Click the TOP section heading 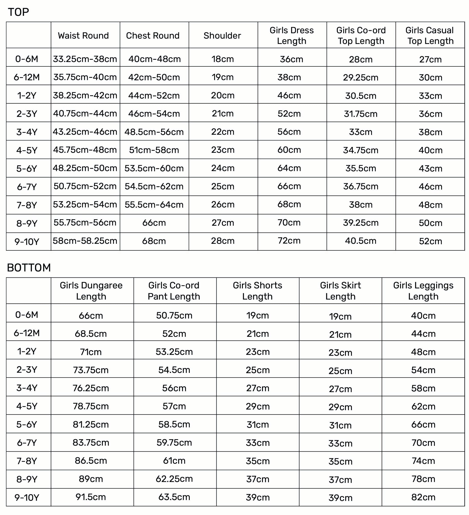pyautogui.click(x=18, y=12)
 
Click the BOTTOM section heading pyautogui.click(x=29, y=267)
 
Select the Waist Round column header pyautogui.click(x=83, y=35)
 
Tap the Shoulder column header pyautogui.click(x=222, y=35)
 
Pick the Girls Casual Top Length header pyautogui.click(x=430, y=35)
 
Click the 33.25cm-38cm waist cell pyautogui.click(x=85, y=59)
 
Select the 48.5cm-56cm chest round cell pyautogui.click(x=154, y=132)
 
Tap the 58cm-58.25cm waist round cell pyautogui.click(x=85, y=241)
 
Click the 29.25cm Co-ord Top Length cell pyautogui.click(x=360, y=77)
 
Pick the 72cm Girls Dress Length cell pyautogui.click(x=289, y=241)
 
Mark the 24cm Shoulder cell pyautogui.click(x=223, y=168)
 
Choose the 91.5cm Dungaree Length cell pyautogui.click(x=91, y=497)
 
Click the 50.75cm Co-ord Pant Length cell pyautogui.click(x=174, y=315)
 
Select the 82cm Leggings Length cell pyautogui.click(x=423, y=497)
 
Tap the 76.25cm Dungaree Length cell pyautogui.click(x=91, y=388)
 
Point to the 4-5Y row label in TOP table pyautogui.click(x=27, y=150)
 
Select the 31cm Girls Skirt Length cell pyautogui.click(x=340, y=425)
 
